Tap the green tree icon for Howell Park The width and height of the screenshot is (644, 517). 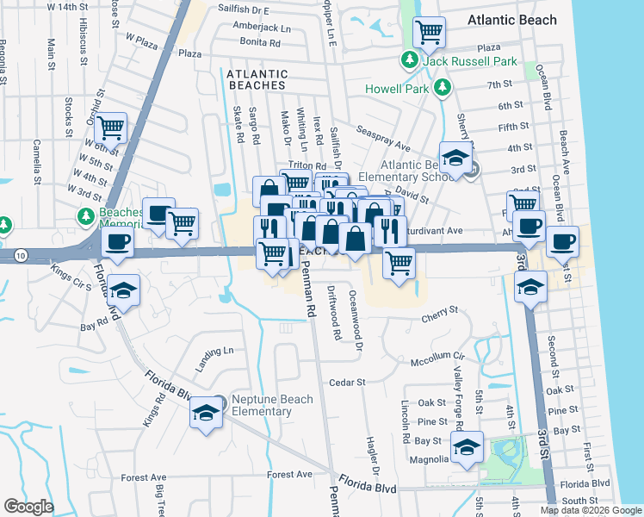[443, 87]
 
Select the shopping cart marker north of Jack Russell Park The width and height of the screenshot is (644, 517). [429, 34]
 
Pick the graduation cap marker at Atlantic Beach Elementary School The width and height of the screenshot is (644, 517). [455, 159]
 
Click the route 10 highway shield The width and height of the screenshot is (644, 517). [19, 255]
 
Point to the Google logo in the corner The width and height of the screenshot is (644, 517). [28, 507]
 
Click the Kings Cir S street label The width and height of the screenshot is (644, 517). [72, 275]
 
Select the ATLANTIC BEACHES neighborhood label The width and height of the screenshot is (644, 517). [257, 80]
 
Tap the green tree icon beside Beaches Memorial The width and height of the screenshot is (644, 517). [84, 215]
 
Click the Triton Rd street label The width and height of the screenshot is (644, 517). [307, 165]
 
